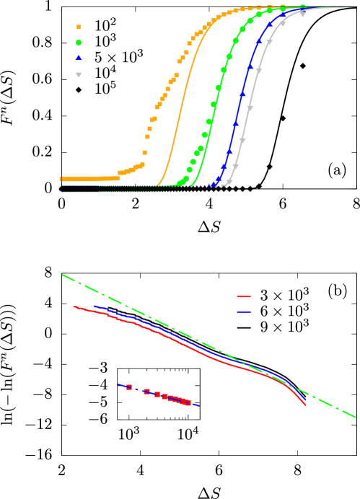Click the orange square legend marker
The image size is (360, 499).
(x=79, y=27)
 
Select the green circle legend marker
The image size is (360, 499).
(x=79, y=43)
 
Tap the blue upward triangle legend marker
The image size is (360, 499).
(x=79, y=58)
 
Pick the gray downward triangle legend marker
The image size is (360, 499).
(x=79, y=74)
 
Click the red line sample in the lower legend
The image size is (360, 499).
(x=244, y=296)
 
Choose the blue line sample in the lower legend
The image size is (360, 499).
(x=244, y=312)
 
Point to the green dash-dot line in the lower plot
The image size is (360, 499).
(x=180, y=331)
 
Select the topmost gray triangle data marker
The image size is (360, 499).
(x=302, y=14)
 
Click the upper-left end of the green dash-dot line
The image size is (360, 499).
(x=63, y=275)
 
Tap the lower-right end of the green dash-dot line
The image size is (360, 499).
(x=354, y=416)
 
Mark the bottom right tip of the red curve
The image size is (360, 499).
(x=305, y=405)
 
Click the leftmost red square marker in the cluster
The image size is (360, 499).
(x=129, y=387)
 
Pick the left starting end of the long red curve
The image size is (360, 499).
(x=74, y=306)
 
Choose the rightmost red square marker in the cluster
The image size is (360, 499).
(x=188, y=402)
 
